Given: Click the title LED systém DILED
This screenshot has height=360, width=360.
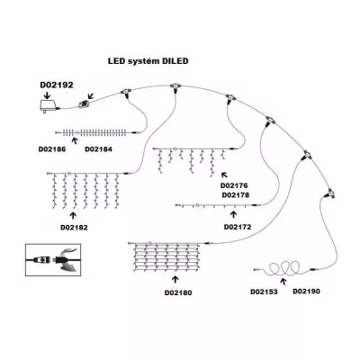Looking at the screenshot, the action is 148,61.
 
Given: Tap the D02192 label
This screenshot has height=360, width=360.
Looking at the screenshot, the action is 57,85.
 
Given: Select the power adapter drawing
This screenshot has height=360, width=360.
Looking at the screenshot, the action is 48,106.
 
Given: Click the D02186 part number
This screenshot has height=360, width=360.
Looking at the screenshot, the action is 52,149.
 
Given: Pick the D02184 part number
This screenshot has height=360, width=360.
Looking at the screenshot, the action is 98,149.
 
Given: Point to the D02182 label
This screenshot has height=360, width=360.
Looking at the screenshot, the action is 74,228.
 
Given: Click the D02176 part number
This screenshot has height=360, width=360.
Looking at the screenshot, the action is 234,185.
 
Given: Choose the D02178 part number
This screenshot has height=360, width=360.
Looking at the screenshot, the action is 236,195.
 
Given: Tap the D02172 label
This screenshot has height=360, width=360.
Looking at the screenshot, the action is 238,227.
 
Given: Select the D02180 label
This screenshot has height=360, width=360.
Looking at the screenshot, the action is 178,292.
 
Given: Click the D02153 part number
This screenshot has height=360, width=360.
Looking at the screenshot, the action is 264,292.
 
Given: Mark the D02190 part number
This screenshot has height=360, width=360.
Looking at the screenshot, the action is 306,291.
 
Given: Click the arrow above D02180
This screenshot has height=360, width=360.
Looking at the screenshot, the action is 175,280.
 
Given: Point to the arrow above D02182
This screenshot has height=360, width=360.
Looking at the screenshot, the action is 73,215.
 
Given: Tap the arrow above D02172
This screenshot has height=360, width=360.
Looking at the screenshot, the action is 233,214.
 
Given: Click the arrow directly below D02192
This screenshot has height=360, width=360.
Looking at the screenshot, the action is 47,95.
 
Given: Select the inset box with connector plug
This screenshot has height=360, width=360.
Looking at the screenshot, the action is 53,260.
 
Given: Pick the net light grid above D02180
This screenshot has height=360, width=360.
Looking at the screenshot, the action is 166,256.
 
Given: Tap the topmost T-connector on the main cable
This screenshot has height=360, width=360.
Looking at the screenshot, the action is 174,88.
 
